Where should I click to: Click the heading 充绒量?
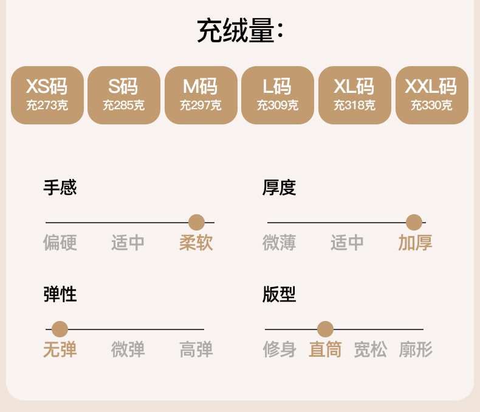pos(239,32)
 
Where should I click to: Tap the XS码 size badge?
pos(47,95)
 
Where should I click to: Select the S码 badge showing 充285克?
pos(124,95)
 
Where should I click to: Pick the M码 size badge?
pos(201,95)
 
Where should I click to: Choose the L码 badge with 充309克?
pos(278,95)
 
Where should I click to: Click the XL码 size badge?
pos(355,95)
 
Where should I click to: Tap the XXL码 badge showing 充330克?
pos(431,95)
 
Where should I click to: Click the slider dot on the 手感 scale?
pos(196,223)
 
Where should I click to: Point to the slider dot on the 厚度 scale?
pos(414,223)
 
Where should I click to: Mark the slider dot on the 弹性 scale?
pos(60,329)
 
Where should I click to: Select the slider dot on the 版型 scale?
pos(325,329)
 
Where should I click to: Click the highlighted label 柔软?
pos(196,243)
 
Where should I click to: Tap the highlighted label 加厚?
pos(415,243)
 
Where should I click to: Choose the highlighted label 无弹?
pos(60,350)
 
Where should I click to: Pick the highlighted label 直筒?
pos(325,350)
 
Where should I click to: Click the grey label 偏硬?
pos(60,243)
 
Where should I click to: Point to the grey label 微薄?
pos(279,243)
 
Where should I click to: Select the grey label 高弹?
pos(196,350)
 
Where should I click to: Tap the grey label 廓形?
pos(416,350)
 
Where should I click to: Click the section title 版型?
pos(279,295)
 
